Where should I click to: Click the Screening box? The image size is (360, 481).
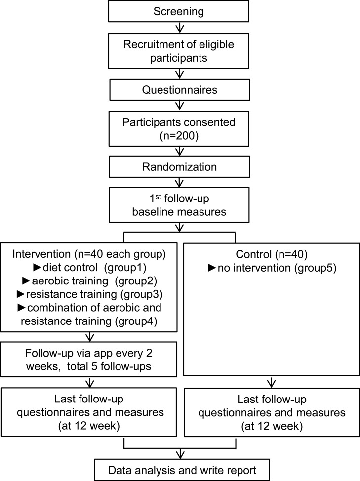point(178,11)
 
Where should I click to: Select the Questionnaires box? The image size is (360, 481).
point(179,89)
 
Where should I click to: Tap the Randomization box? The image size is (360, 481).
point(179,166)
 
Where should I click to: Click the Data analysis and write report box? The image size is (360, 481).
point(182,470)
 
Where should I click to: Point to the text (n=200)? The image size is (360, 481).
point(179,136)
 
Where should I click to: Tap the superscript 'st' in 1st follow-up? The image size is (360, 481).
point(158,197)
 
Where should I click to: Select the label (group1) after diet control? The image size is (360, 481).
point(125,268)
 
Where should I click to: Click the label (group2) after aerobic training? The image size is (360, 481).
point(135,281)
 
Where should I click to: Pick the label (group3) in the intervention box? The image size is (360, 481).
point(141,294)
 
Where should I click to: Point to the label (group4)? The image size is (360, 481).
point(136,321)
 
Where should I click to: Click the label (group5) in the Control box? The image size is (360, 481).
point(315,268)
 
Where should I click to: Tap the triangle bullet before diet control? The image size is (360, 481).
point(37,267)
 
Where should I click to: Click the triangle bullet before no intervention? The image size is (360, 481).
point(212,268)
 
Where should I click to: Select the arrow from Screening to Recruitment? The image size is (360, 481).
point(179,27)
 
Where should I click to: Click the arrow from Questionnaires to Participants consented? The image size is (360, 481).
point(179,106)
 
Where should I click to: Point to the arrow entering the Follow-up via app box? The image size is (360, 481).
point(89,337)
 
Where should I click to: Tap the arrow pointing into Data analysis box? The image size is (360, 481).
point(180,454)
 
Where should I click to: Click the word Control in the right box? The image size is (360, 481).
point(254,254)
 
